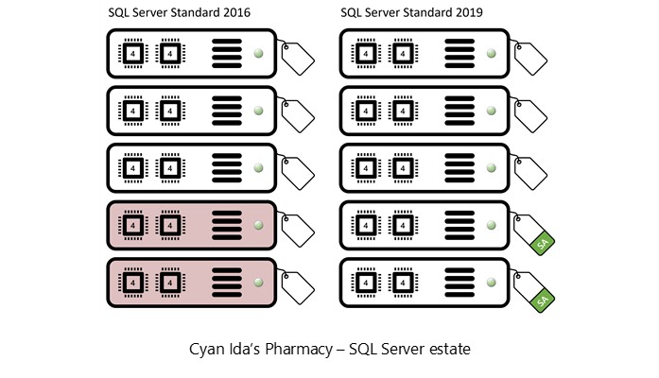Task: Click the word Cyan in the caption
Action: click(208, 349)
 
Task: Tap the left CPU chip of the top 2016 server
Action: click(132, 53)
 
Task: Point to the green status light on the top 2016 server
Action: click(257, 53)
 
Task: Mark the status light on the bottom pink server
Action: click(257, 283)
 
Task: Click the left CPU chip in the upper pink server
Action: click(132, 226)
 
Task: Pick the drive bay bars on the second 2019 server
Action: click(459, 111)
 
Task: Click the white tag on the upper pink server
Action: click(298, 231)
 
